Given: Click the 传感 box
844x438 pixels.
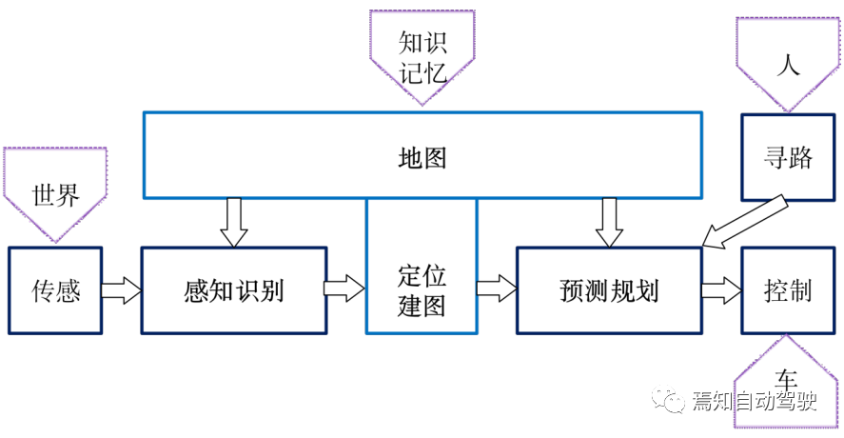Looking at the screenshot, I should [55, 290].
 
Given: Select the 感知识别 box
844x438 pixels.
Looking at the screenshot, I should [233, 290].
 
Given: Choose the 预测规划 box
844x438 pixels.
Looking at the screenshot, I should [608, 290].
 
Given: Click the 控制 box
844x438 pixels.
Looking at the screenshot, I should [788, 290].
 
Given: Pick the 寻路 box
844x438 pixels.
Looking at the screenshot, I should [788, 157].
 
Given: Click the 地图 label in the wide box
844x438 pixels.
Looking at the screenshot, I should [422, 157].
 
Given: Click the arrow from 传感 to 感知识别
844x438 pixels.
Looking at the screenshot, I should [121, 290].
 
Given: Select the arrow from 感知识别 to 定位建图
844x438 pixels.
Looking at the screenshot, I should [344, 288].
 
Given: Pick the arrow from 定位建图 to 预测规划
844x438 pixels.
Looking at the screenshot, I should [497, 288].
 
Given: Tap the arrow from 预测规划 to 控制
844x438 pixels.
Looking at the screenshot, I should [721, 290].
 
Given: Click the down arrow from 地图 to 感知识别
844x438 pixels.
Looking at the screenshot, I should [233, 222].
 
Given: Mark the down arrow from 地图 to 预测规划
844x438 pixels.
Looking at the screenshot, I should [608, 222].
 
